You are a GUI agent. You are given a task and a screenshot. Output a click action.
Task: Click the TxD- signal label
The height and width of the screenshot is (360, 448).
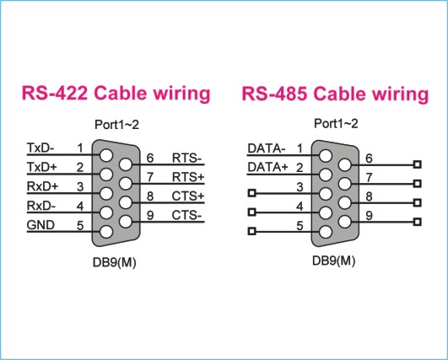click(40, 148)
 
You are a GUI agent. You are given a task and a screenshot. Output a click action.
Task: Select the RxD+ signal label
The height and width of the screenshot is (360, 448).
click(42, 186)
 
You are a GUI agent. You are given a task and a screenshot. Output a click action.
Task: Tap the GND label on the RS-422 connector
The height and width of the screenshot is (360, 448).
click(40, 225)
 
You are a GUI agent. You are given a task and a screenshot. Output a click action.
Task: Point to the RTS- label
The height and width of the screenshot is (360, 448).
click(186, 158)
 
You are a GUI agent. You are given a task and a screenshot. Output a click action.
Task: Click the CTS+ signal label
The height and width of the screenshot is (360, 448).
click(188, 196)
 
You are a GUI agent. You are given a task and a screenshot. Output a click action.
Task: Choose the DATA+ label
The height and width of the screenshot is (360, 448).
click(267, 167)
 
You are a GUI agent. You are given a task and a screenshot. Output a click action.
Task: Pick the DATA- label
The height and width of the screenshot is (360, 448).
click(267, 148)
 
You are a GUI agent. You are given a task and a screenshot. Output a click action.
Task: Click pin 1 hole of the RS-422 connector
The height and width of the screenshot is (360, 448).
click(106, 155)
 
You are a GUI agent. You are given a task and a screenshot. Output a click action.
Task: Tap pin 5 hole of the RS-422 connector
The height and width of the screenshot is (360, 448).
click(106, 232)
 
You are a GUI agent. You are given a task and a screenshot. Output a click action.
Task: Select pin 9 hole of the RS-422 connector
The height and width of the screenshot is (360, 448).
click(126, 222)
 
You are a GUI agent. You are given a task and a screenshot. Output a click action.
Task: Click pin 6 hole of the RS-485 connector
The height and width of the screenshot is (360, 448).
click(344, 164)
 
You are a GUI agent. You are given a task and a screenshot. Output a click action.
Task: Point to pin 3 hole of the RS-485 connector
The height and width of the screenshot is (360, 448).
click(326, 194)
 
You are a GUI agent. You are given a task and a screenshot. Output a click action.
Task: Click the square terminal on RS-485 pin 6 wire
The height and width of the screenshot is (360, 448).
click(418, 164)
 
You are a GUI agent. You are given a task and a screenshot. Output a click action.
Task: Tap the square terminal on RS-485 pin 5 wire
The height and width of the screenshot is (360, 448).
click(251, 231)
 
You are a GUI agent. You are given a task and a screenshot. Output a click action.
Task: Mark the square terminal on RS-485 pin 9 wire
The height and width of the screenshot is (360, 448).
click(418, 222)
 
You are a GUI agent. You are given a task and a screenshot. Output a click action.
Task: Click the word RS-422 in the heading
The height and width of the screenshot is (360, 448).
click(55, 93)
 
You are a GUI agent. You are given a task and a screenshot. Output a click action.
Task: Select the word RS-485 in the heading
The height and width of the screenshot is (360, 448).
click(274, 94)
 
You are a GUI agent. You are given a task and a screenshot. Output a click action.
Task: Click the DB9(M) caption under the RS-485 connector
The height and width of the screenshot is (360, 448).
click(334, 261)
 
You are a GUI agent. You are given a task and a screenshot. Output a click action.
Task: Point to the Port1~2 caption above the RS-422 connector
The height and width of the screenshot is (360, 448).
click(117, 125)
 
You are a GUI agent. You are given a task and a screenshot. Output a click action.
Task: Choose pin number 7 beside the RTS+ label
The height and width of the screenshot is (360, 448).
click(150, 177)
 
